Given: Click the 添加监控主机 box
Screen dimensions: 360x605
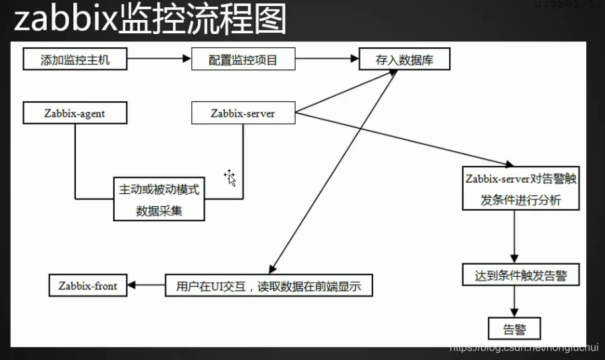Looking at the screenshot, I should point(75,60).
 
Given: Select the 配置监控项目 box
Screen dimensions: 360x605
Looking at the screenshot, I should point(243,60).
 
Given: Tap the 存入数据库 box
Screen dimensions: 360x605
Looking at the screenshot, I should point(404,60).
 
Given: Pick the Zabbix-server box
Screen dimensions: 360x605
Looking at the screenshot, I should point(243,113).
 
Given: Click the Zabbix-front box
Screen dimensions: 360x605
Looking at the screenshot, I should point(87,286).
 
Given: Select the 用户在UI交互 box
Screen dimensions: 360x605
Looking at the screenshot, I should point(269,286).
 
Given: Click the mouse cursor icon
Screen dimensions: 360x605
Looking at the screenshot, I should point(231,177).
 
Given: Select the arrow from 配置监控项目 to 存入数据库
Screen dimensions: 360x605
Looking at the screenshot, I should point(326,59).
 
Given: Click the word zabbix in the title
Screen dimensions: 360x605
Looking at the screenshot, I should point(64,19).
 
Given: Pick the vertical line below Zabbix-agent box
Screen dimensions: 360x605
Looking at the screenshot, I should point(75,160).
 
